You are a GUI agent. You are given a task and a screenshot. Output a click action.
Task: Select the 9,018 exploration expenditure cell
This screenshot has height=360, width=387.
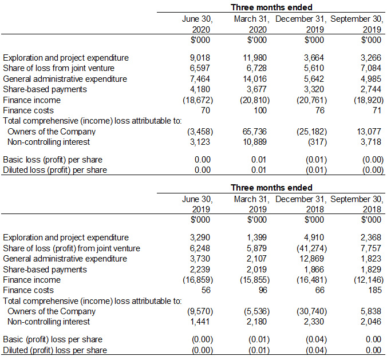pos(200,58)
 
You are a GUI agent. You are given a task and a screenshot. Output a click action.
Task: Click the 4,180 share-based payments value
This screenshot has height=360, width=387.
pos(200,89)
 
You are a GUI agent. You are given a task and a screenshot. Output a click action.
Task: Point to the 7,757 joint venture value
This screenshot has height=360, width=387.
pos(370,248)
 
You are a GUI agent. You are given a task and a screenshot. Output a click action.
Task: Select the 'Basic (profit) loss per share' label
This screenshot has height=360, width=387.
pos(53,339)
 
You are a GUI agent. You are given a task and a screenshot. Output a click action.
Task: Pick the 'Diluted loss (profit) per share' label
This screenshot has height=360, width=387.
pos(55,170)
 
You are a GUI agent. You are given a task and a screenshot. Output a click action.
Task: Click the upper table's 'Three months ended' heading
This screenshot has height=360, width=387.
pos(271,7)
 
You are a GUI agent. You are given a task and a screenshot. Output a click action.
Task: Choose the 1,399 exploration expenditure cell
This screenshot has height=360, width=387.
pos(257,238)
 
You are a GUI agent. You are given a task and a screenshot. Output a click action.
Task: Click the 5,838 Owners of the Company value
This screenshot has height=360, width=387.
pos(370,311)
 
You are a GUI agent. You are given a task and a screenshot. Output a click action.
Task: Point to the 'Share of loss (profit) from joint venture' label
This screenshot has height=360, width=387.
pos(72,248)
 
